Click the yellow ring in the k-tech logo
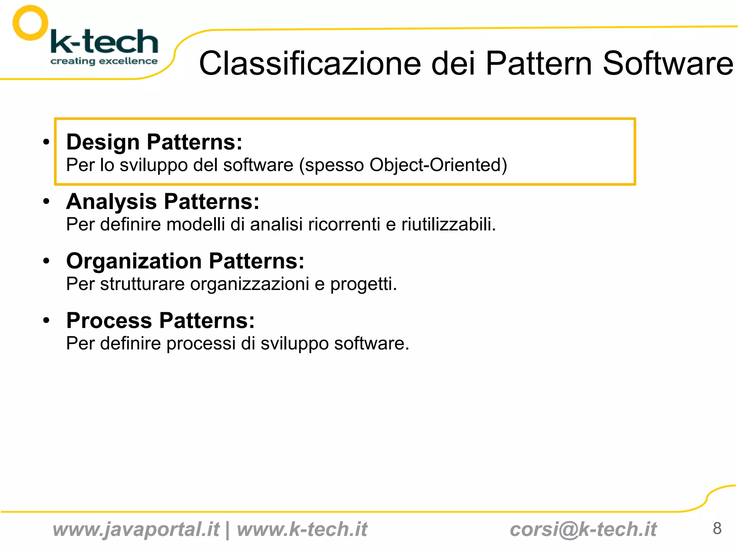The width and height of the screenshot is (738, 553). pyautogui.click(x=30, y=23)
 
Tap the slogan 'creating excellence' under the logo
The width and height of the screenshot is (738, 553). pyautogui.click(x=104, y=61)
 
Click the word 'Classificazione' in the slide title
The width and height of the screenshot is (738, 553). pyautogui.click(x=310, y=63)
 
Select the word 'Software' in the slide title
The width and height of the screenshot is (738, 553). pyautogui.click(x=668, y=63)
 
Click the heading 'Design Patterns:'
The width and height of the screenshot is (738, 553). pyautogui.click(x=154, y=142)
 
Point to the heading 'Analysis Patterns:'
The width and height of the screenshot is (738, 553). pyautogui.click(x=163, y=201)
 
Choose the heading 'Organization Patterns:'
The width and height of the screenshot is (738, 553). pyautogui.click(x=185, y=261)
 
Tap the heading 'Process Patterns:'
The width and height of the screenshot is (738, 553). pyautogui.click(x=160, y=320)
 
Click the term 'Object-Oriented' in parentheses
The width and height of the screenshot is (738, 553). pyautogui.click(x=435, y=165)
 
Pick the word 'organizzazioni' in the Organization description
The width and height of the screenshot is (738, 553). pyautogui.click(x=250, y=284)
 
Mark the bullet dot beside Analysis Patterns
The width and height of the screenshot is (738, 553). pyautogui.click(x=46, y=201)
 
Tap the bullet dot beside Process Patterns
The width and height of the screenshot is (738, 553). pyautogui.click(x=46, y=320)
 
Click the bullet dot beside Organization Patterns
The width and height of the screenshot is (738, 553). pyautogui.click(x=46, y=261)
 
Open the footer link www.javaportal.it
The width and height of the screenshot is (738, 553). pyautogui.click(x=136, y=530)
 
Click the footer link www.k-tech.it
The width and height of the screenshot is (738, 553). pyautogui.click(x=302, y=530)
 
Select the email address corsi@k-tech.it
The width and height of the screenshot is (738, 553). pyautogui.click(x=583, y=530)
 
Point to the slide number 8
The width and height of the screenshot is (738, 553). pyautogui.click(x=717, y=529)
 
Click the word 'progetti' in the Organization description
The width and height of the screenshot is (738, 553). pyautogui.click(x=363, y=285)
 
